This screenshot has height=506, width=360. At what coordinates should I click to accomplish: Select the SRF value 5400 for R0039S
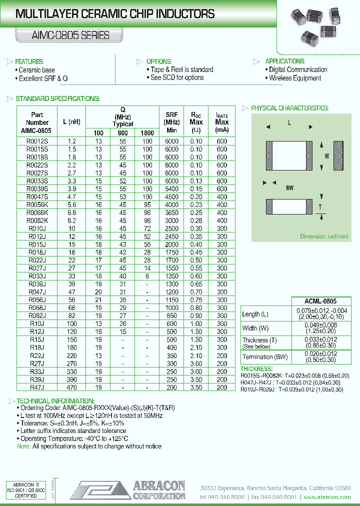[x=171, y=189]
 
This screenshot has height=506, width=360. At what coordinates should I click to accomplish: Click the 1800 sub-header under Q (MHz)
[x=147, y=133]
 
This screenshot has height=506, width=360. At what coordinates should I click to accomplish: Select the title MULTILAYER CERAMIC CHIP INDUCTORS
[x=115, y=14]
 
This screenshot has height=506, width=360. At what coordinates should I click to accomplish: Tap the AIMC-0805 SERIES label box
[x=63, y=35]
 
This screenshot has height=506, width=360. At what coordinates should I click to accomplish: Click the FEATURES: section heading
[x=33, y=61]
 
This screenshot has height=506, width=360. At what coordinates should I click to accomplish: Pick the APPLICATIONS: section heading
[x=285, y=61]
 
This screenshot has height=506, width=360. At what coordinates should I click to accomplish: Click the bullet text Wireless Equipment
[x=295, y=78]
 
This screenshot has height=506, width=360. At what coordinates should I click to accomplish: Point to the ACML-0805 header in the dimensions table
[x=320, y=301]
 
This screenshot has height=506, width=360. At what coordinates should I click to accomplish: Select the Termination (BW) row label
[x=264, y=356]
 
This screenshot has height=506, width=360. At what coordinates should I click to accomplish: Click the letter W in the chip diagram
[x=327, y=156]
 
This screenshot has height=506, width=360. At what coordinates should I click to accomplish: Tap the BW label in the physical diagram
[x=289, y=188]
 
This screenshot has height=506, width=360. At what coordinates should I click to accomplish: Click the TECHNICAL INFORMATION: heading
[x=55, y=401]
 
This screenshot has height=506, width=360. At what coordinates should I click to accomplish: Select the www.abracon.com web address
[x=327, y=497]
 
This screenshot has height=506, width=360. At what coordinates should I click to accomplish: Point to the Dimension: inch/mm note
[x=324, y=236]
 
